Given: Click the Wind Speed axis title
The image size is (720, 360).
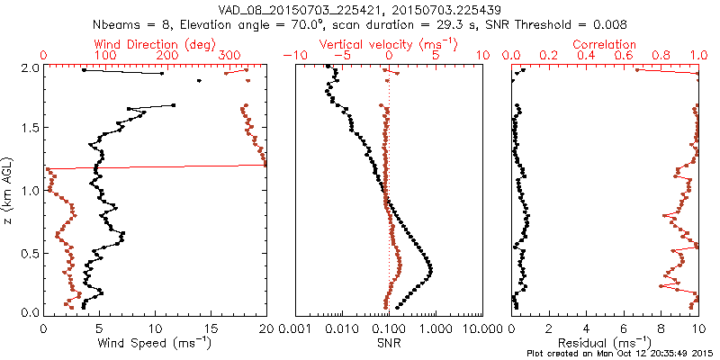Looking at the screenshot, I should point(154,342).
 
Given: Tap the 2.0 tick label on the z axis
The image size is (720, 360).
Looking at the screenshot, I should point(29,67).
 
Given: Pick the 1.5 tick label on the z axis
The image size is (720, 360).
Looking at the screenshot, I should point(29,129).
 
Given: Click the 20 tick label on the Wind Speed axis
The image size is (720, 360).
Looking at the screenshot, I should point(265,328).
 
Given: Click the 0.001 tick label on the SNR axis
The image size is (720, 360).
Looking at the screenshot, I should point(296,328).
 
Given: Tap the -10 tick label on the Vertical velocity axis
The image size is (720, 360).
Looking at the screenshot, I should point(294,56).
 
